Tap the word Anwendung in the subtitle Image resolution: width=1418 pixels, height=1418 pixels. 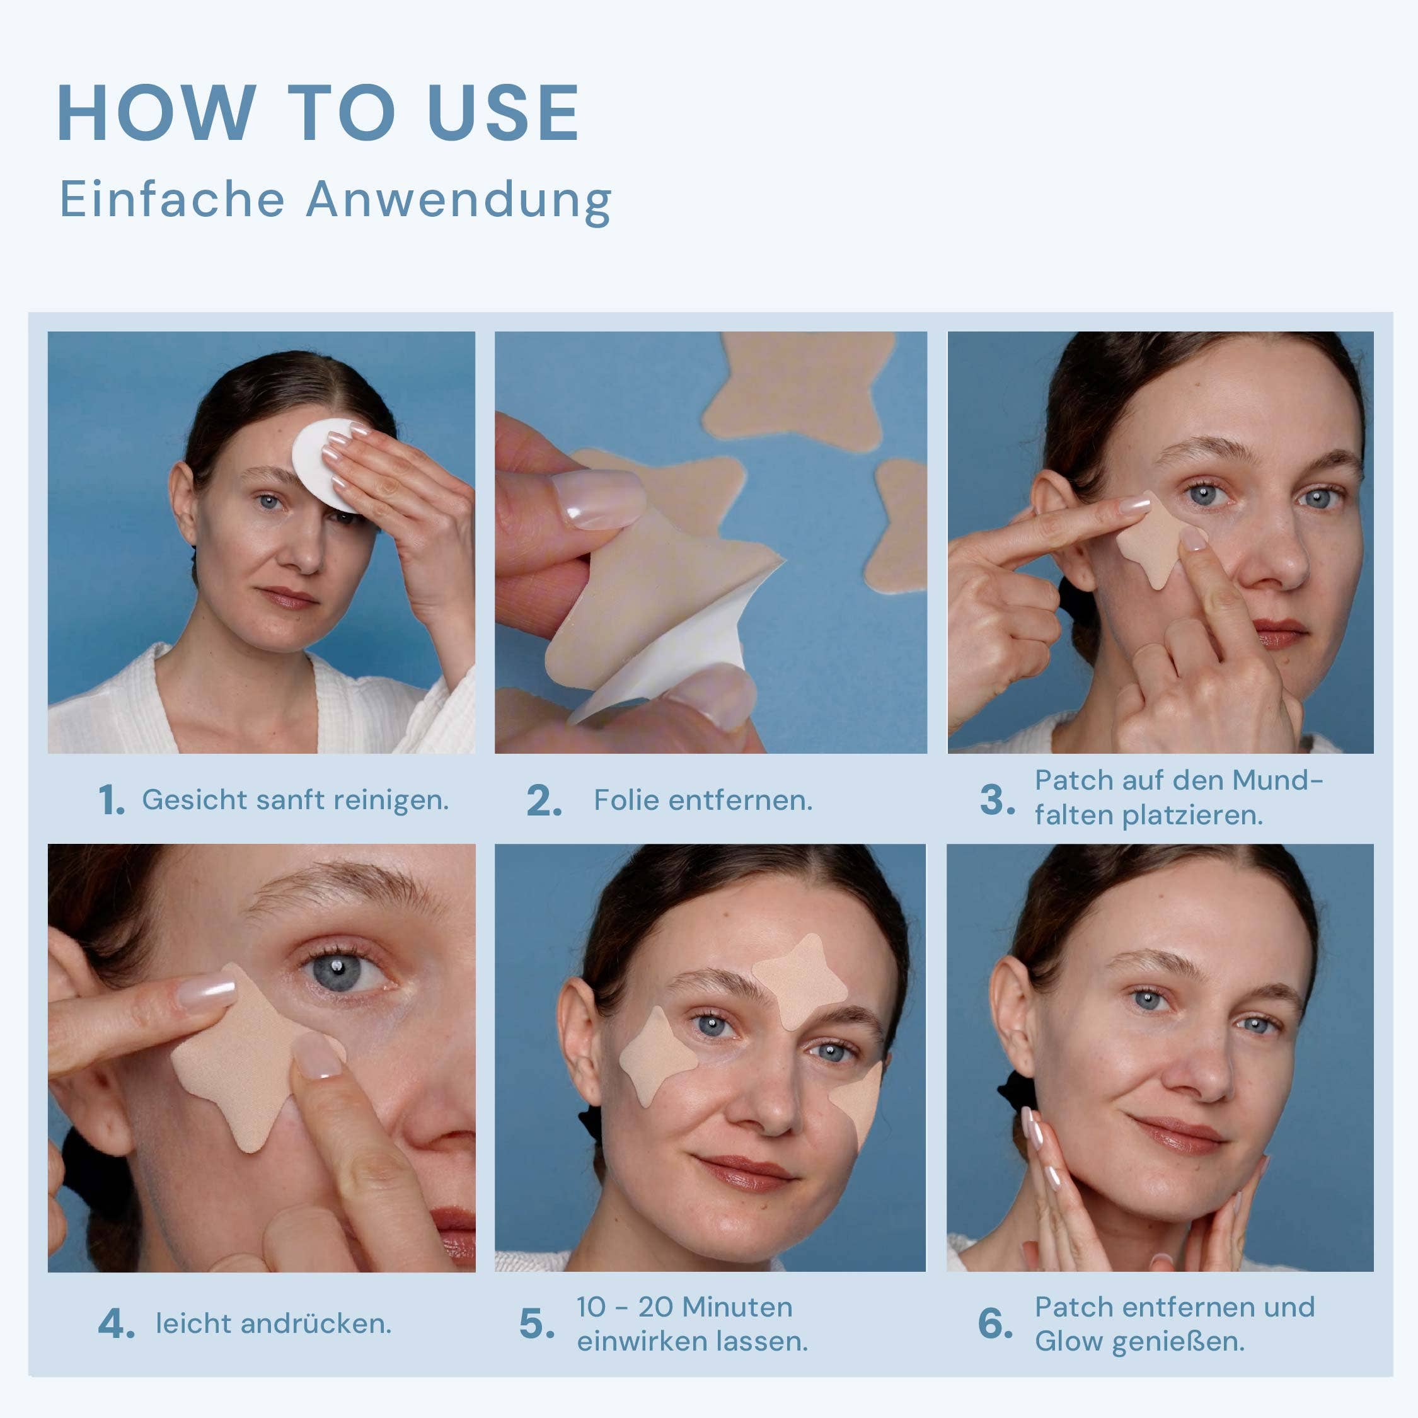click(x=459, y=200)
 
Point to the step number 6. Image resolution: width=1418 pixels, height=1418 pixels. click(x=994, y=1324)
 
